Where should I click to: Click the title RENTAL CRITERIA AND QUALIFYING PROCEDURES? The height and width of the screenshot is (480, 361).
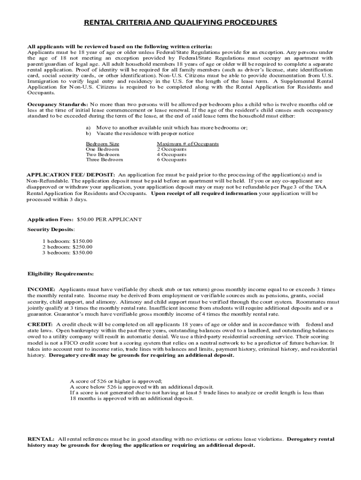[x=180, y=22]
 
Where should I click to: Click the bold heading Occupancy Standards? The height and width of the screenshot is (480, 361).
[x=57, y=104]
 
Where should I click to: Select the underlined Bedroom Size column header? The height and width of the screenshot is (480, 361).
[x=102, y=144]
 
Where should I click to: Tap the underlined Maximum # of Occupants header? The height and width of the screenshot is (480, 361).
[x=188, y=144]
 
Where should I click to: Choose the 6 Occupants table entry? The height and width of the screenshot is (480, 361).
[x=171, y=160]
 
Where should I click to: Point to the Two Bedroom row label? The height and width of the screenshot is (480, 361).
[x=102, y=154]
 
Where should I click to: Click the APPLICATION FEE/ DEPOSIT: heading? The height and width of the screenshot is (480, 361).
[x=71, y=174]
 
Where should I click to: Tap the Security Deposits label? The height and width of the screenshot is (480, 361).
[x=51, y=230]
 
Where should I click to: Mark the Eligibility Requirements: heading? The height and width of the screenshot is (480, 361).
[x=60, y=274]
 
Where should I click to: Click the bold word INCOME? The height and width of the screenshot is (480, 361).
[x=41, y=290]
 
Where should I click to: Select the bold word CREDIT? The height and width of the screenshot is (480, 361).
[x=40, y=324]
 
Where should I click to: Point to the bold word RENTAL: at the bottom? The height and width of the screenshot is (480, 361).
[x=41, y=439]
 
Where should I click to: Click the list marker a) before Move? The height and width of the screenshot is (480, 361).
[x=88, y=127]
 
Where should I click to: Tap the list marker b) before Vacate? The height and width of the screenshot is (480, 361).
[x=88, y=133]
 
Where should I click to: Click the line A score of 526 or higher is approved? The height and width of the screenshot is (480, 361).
[x=116, y=382]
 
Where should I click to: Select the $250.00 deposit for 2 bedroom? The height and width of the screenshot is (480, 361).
[x=83, y=247]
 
